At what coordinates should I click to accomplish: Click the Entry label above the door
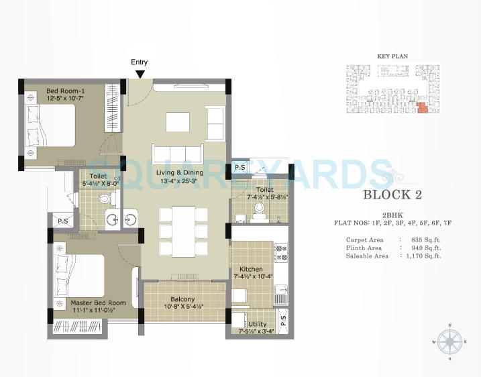140,62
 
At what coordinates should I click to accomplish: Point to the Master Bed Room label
99,303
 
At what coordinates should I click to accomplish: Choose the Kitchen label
250,269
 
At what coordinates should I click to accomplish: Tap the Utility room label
256,323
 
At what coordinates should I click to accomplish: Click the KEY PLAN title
392,57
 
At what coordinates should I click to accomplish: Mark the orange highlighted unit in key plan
422,108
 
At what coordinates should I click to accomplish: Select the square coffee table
178,120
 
